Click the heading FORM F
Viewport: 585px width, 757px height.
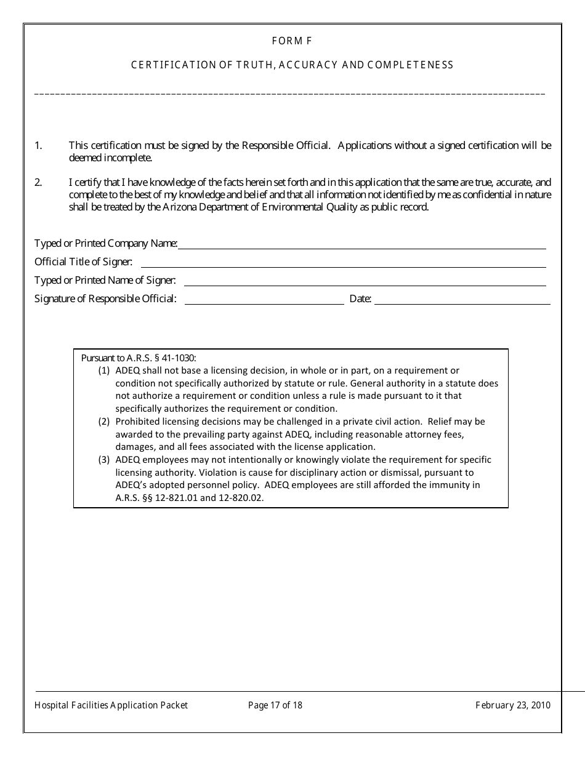(292, 41)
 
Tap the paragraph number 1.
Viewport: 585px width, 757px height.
(38, 146)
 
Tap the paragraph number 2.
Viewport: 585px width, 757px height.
(38, 183)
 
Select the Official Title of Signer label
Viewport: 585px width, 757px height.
(83, 262)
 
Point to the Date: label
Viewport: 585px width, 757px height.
(360, 299)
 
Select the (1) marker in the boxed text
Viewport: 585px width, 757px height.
(104, 370)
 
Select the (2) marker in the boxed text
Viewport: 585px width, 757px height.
(104, 422)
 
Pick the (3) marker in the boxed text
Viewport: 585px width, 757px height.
(104, 460)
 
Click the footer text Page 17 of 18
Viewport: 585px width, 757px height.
(275, 705)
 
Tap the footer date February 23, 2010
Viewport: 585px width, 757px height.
(513, 705)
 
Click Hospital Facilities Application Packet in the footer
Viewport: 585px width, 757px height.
(111, 705)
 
